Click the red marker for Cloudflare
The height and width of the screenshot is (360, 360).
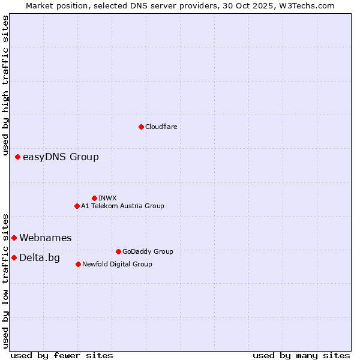[141, 127]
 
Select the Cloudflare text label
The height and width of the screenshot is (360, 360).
[161, 127]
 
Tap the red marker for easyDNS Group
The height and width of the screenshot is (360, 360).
[17, 157]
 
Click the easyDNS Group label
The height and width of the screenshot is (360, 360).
[61, 157]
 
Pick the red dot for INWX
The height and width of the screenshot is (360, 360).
[94, 198]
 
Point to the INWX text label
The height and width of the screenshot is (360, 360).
[107, 198]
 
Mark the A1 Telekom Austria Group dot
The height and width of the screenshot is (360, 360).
[77, 206]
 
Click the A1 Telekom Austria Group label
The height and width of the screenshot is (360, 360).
[122, 206]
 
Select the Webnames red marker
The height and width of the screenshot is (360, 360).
[14, 238]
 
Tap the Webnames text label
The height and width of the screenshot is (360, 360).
[46, 238]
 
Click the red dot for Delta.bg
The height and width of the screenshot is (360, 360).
[14, 257]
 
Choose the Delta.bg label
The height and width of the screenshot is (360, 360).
[40, 258]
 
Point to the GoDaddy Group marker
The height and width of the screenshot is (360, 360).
[118, 251]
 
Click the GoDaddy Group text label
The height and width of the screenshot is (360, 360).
[148, 252]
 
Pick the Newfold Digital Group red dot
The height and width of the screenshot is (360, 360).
[78, 264]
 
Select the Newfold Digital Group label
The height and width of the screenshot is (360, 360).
[117, 265]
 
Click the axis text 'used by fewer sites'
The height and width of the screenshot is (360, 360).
[62, 356]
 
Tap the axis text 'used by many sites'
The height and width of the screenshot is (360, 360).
[301, 356]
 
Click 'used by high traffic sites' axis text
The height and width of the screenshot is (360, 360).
[5, 86]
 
